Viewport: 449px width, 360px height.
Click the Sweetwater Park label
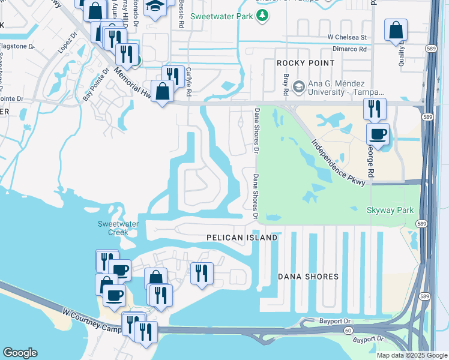(x=221, y=16)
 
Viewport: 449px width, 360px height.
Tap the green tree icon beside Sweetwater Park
(x=262, y=15)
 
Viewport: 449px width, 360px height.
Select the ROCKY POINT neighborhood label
(x=301, y=63)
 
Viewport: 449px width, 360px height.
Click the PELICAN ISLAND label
(x=242, y=238)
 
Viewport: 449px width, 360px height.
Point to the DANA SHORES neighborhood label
(x=309, y=277)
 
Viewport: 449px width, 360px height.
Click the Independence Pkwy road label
(x=338, y=163)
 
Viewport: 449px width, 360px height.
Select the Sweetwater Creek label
(x=118, y=228)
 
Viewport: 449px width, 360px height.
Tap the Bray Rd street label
(x=286, y=85)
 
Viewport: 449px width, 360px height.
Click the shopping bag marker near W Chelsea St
(x=396, y=30)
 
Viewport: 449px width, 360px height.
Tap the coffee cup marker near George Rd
(x=378, y=134)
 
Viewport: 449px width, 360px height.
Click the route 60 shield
(x=348, y=331)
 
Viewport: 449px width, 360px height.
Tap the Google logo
(x=20, y=353)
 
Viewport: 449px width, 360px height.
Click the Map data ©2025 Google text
(x=411, y=355)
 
